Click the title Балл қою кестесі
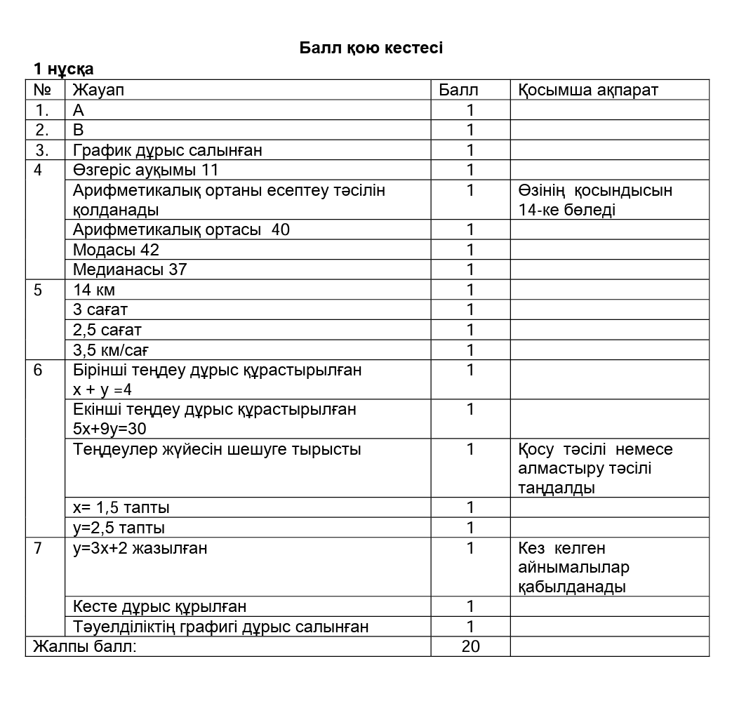coord(371,48)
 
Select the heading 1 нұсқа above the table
coord(63,69)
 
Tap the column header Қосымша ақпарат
coord(588,90)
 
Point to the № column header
coord(43,90)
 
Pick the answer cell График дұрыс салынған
coord(168,150)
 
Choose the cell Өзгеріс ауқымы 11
coord(145,170)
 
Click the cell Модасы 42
coord(116,250)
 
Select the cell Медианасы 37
coord(130,269)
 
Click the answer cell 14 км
coord(94,290)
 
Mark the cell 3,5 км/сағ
coord(111,350)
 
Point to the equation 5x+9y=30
coord(109,429)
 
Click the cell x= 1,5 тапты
coord(121,507)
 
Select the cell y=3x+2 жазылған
coord(140,548)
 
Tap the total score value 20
coord(470,646)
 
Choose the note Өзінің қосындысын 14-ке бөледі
coord(595,200)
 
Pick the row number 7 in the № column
coord(38,548)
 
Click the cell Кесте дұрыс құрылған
coord(159,606)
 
